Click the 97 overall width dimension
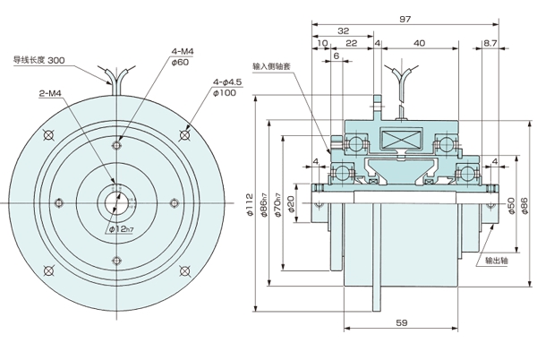[x=404, y=18]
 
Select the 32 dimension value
[x=343, y=30]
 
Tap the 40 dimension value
[x=419, y=44]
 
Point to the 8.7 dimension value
[x=490, y=44]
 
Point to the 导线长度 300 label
[x=38, y=60]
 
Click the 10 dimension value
[x=321, y=44]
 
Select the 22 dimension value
[x=352, y=44]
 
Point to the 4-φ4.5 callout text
[x=226, y=81]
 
